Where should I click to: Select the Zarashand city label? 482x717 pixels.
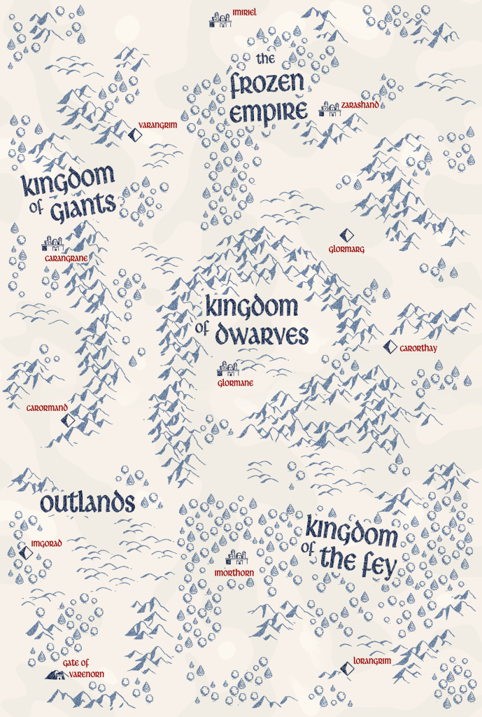(360, 105)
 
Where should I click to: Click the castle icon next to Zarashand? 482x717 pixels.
(329, 108)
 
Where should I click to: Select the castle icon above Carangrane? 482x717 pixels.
(52, 243)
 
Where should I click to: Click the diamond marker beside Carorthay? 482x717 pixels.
(390, 347)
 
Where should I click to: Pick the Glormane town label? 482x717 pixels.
(235, 383)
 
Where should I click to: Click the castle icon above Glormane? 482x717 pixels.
(228, 368)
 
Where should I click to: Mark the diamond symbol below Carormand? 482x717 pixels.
(68, 420)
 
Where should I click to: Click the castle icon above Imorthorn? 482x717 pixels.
(237, 557)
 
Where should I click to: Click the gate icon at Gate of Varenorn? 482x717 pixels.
(55, 674)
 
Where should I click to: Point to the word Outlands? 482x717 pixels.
(87, 503)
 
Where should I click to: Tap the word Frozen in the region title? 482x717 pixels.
(268, 85)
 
